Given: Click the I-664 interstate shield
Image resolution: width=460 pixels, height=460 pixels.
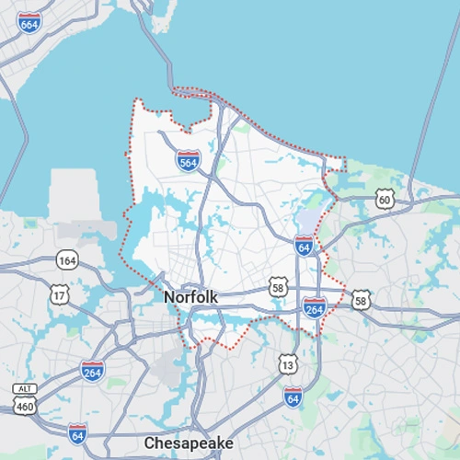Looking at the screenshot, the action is click(x=29, y=22).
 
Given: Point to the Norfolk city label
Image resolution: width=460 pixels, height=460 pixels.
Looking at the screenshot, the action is click(x=190, y=297).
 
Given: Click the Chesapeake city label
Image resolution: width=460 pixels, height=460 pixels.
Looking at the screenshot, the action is click(x=189, y=443).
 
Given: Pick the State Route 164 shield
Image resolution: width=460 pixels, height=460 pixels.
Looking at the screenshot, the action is click(x=65, y=260).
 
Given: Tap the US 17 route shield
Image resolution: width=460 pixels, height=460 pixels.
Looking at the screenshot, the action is click(x=60, y=295).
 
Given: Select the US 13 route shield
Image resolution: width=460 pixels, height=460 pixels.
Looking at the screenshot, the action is click(x=289, y=364).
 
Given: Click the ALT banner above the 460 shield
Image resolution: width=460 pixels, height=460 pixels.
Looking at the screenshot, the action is click(x=24, y=388).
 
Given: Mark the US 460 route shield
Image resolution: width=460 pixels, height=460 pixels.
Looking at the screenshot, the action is click(x=24, y=404).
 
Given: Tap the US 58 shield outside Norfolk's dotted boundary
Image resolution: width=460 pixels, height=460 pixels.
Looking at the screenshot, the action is click(x=362, y=300).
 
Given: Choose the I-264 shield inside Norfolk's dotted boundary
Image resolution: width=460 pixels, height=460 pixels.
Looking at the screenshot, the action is click(x=314, y=306).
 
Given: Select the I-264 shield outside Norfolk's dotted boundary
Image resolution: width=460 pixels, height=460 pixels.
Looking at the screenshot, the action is click(x=92, y=371).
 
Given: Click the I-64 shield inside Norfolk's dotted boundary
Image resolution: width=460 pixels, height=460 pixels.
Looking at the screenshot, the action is click(x=305, y=246).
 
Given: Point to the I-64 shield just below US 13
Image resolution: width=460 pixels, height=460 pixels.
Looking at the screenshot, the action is click(x=293, y=397).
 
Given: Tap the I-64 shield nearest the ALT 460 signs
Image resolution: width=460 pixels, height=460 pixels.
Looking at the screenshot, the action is click(x=77, y=432).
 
